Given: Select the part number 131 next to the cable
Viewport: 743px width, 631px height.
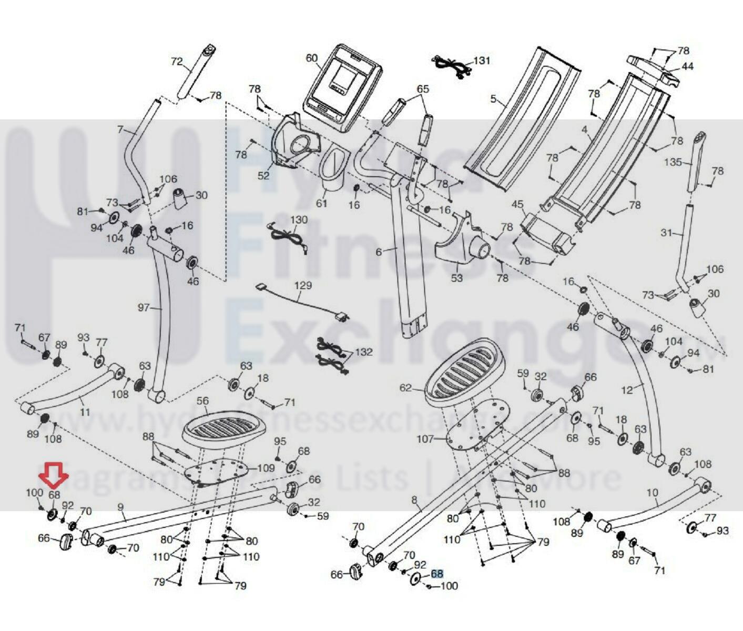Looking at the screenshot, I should (481, 61).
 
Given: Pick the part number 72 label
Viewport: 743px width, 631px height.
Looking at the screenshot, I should (177, 62).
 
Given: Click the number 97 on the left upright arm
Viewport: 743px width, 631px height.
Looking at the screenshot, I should (144, 308).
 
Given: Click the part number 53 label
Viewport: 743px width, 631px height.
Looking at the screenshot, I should (457, 277).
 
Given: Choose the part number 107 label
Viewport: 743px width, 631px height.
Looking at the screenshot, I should (425, 438).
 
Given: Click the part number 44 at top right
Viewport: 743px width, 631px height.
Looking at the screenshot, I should (687, 66).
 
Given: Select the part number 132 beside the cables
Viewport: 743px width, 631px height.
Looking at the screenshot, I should (363, 352).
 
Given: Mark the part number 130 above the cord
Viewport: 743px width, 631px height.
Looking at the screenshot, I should (299, 219).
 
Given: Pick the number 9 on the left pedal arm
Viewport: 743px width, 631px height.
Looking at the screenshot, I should (120, 507).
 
